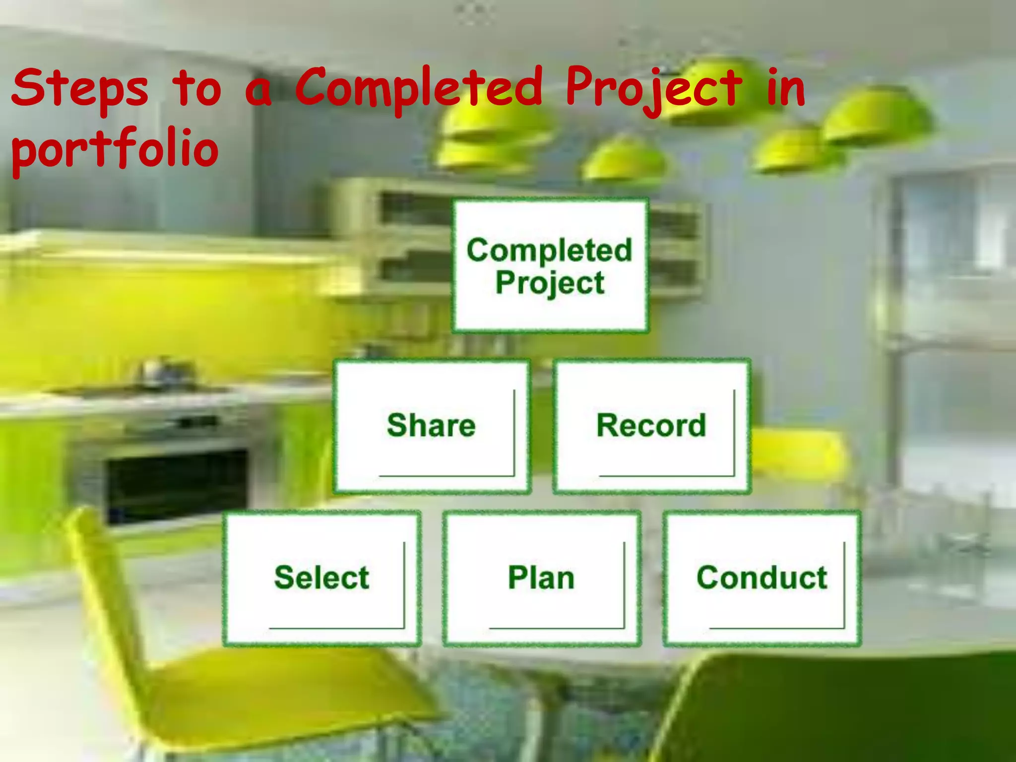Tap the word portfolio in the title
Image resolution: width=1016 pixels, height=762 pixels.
tap(115, 149)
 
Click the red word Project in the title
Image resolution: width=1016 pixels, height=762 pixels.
tap(654, 89)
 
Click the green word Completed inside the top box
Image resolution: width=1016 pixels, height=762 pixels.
tap(550, 250)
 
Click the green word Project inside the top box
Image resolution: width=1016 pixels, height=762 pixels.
tap(550, 283)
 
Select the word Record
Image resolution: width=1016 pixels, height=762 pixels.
tap(651, 426)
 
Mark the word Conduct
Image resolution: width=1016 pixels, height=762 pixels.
tap(762, 577)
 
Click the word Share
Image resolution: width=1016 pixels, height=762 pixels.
tap(431, 426)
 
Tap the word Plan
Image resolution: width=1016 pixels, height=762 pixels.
tap(541, 577)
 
